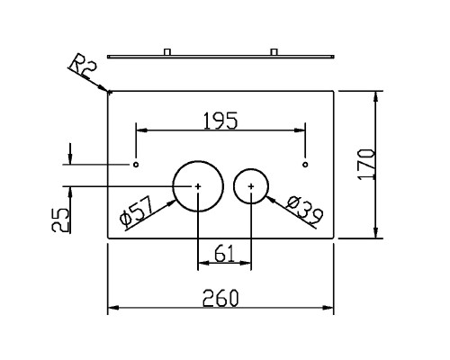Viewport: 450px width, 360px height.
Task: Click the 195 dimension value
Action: pyautogui.click(x=220, y=121)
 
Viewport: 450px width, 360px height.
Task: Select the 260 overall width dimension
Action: pyautogui.click(x=220, y=298)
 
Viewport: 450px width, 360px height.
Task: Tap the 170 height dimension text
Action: pyautogui.click(x=366, y=165)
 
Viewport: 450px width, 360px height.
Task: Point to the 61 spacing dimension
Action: pyautogui.click(x=224, y=254)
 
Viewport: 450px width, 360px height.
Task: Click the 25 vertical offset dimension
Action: pyautogui.click(x=60, y=220)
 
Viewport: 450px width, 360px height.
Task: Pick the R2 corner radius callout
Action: pyautogui.click(x=83, y=67)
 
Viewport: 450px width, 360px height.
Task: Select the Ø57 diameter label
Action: pyautogui.click(x=137, y=212)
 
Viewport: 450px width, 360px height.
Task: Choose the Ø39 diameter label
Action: pyautogui.click(x=305, y=211)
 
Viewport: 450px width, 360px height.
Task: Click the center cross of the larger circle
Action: pyautogui.click(x=198, y=186)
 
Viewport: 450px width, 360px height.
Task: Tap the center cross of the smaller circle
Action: pyautogui.click(x=251, y=186)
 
